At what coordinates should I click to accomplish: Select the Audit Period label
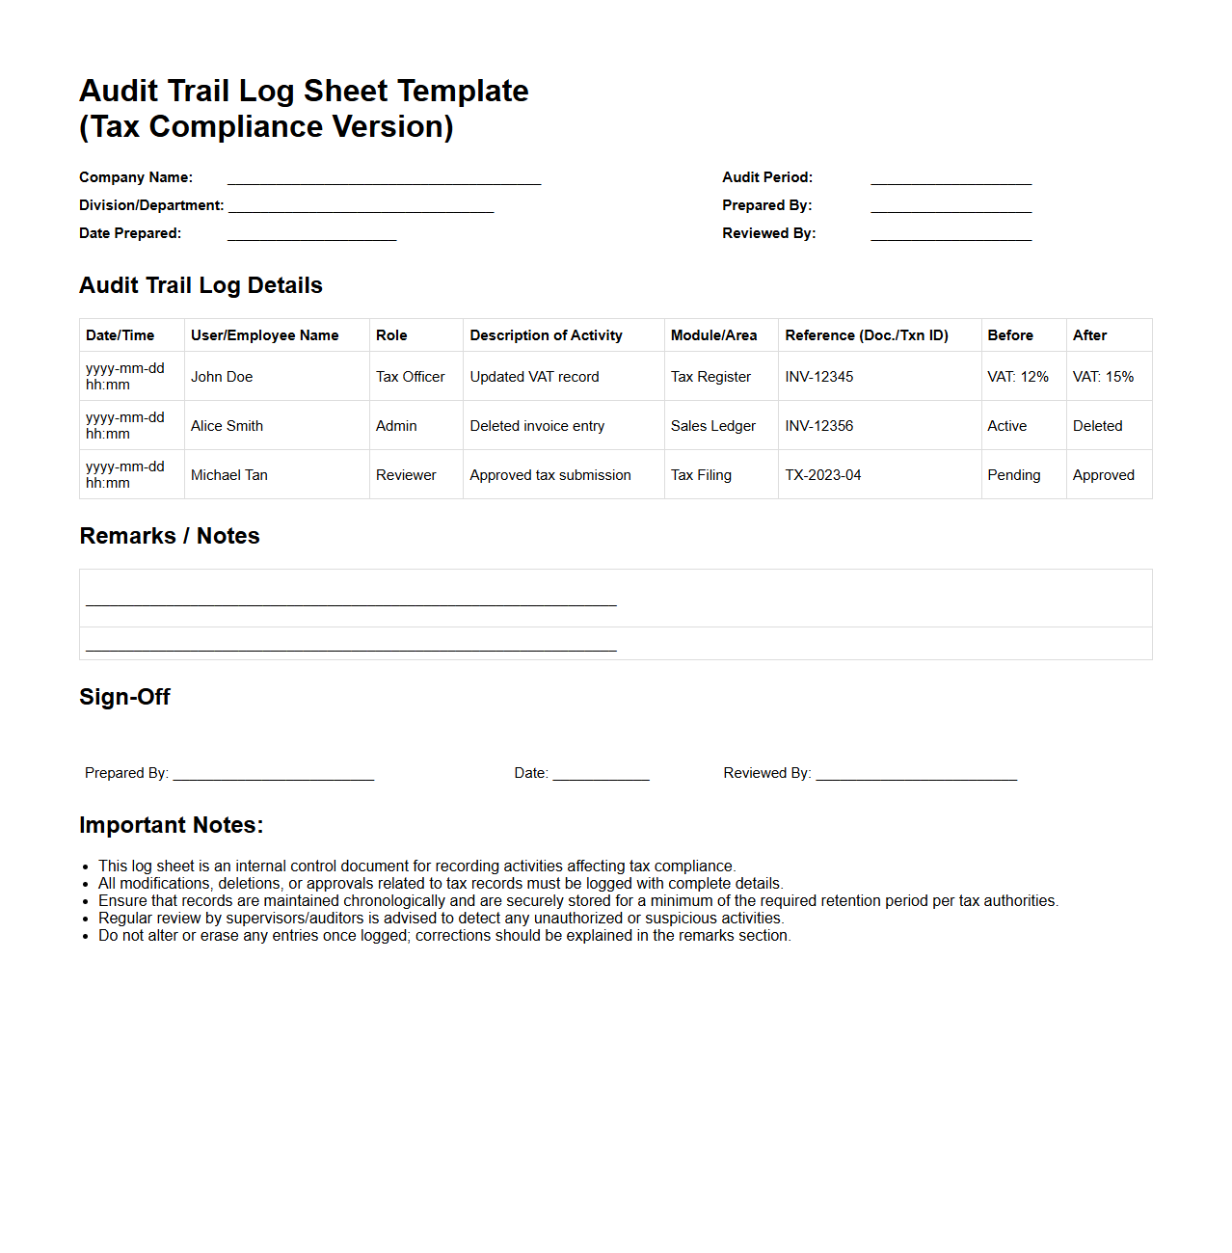pyautogui.click(x=767, y=177)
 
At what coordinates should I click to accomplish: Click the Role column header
pyautogui.click(x=391, y=335)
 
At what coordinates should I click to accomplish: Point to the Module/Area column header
pyautogui.click(x=713, y=335)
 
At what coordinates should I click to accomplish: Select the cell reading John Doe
pyautogui.click(x=222, y=377)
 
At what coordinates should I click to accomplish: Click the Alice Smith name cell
pyautogui.click(x=227, y=426)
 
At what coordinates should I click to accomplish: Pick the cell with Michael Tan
pyautogui.click(x=229, y=475)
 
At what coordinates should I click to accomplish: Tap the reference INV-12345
pyautogui.click(x=818, y=377)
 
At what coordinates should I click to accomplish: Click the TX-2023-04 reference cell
pyautogui.click(x=822, y=475)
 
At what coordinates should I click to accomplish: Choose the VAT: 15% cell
pyautogui.click(x=1103, y=377)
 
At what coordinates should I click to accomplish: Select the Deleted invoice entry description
pyautogui.click(x=537, y=426)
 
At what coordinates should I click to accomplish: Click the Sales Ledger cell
pyautogui.click(x=712, y=426)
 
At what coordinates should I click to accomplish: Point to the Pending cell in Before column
pyautogui.click(x=1013, y=475)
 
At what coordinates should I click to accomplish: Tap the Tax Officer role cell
pyautogui.click(x=410, y=377)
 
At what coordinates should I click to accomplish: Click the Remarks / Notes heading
pyautogui.click(x=170, y=536)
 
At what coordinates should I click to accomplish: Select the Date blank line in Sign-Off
pyautogui.click(x=601, y=775)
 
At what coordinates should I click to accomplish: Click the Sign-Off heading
pyautogui.click(x=124, y=697)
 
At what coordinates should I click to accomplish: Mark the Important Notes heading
pyautogui.click(x=171, y=825)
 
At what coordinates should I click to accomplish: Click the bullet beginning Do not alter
pyautogui.click(x=443, y=936)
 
